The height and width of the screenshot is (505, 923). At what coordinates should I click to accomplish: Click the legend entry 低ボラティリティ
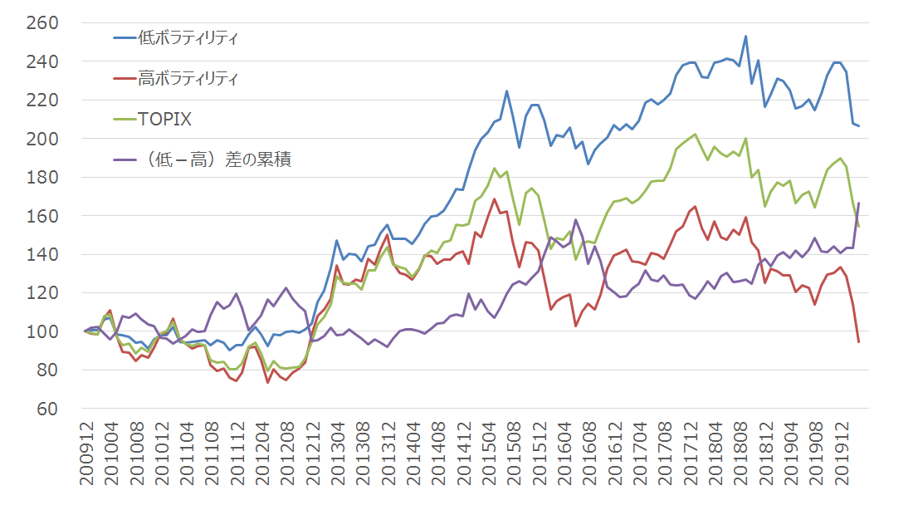coord(188,38)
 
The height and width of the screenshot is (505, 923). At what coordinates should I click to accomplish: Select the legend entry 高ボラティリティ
coord(188,79)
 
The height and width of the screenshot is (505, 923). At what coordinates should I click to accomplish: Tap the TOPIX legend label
coord(166,120)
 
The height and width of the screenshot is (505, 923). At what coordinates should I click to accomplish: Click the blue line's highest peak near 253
coord(745,37)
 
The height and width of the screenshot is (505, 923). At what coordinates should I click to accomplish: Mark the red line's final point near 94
coord(858,341)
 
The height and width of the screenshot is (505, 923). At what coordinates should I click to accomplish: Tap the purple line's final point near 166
coord(858,203)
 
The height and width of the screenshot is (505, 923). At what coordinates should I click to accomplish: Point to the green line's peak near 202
coord(695,135)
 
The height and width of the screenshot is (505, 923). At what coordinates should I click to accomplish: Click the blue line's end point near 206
coord(858,125)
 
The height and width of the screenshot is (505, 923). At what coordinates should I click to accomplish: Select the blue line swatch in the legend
coord(125,38)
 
